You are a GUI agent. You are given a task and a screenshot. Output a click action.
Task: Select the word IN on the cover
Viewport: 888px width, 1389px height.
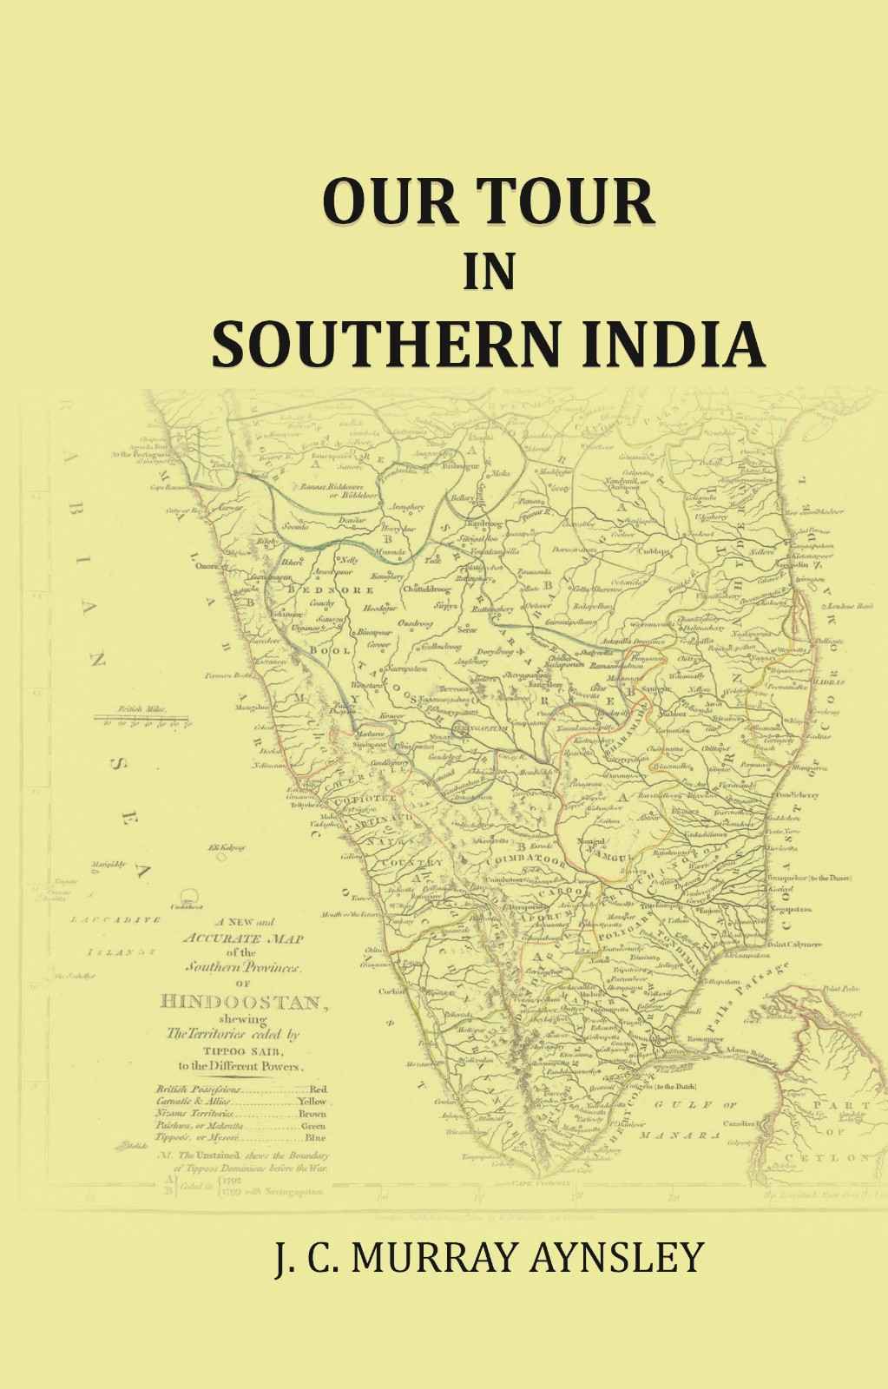pyautogui.click(x=490, y=273)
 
